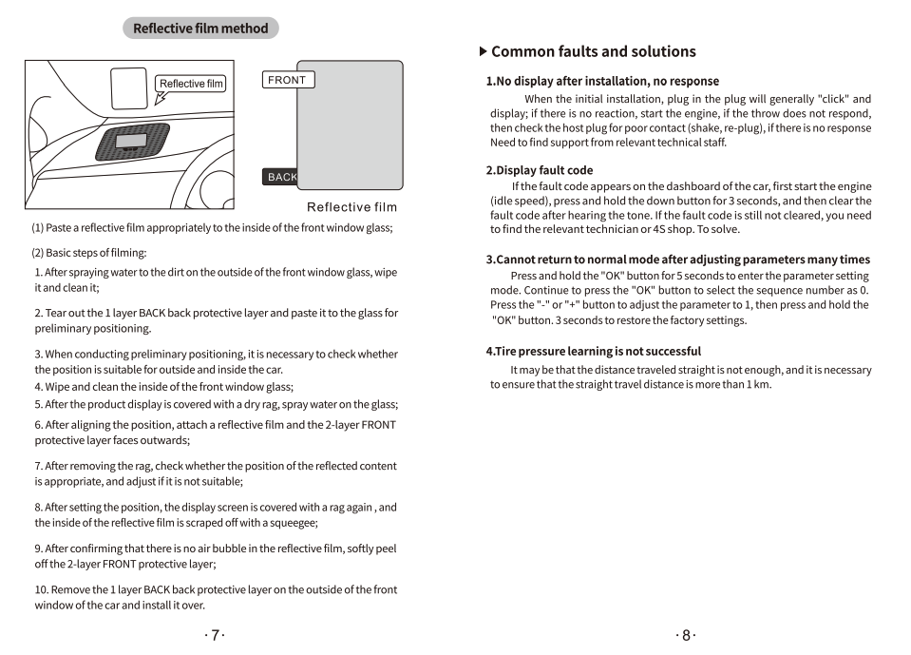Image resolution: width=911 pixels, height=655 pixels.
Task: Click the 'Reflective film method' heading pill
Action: click(x=200, y=29)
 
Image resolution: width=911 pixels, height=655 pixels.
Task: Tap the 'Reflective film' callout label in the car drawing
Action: click(x=191, y=84)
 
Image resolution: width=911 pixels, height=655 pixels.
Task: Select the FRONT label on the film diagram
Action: click(x=287, y=80)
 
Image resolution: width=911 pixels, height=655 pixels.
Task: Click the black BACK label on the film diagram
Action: click(x=281, y=177)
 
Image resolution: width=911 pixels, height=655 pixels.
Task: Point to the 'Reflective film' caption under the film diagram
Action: click(x=351, y=207)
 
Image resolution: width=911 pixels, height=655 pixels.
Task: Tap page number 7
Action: click(x=216, y=635)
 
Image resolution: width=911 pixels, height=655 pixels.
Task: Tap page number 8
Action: click(x=686, y=635)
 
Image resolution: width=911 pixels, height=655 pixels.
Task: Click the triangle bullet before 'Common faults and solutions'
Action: click(x=483, y=51)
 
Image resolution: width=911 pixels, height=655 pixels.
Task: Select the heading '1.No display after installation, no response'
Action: click(x=602, y=81)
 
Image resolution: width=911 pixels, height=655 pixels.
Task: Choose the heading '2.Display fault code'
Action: click(x=540, y=170)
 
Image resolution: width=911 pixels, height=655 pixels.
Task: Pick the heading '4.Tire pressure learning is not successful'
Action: click(x=594, y=351)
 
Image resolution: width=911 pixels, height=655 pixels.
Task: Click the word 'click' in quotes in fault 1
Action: click(x=831, y=99)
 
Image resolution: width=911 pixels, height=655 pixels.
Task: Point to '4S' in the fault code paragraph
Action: click(x=660, y=229)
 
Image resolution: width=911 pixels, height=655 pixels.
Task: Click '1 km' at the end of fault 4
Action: click(x=758, y=384)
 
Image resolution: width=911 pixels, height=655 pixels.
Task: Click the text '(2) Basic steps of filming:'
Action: click(x=89, y=253)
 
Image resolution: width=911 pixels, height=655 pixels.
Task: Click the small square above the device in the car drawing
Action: click(x=129, y=87)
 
